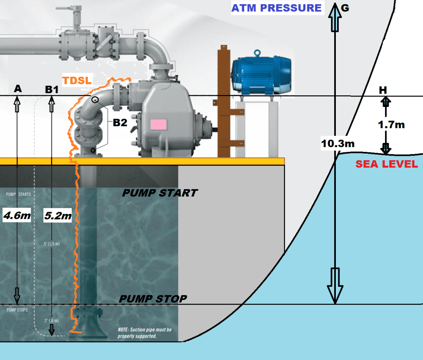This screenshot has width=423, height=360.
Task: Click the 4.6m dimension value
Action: point(15,215)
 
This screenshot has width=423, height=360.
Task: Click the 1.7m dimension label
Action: point(392,124)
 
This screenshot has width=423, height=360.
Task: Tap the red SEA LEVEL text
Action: point(387,164)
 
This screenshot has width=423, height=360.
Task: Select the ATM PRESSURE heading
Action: point(276,8)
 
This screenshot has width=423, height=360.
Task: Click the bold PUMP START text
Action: point(160,193)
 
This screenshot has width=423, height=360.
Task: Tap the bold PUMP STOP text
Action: point(153,298)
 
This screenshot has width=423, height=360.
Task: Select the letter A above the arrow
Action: point(17,88)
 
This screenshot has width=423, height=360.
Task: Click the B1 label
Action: point(52,89)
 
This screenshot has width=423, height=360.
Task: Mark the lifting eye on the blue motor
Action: point(258,53)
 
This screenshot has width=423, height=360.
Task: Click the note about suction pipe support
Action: point(144,333)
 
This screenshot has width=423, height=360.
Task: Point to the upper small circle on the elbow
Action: point(95,100)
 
